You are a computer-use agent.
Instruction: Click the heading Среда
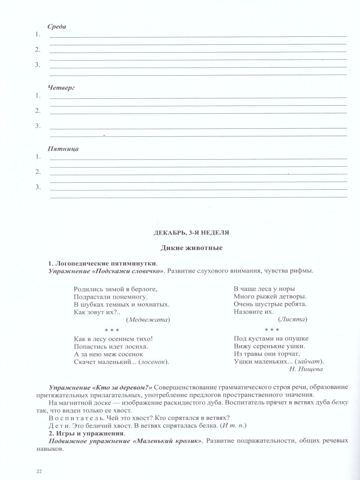coord(57,26)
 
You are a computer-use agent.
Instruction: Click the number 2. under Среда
coord(38,50)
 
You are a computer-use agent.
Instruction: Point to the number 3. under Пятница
coord(38,187)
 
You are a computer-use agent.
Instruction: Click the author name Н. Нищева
coord(306,369)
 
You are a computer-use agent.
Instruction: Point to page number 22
coord(39,471)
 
